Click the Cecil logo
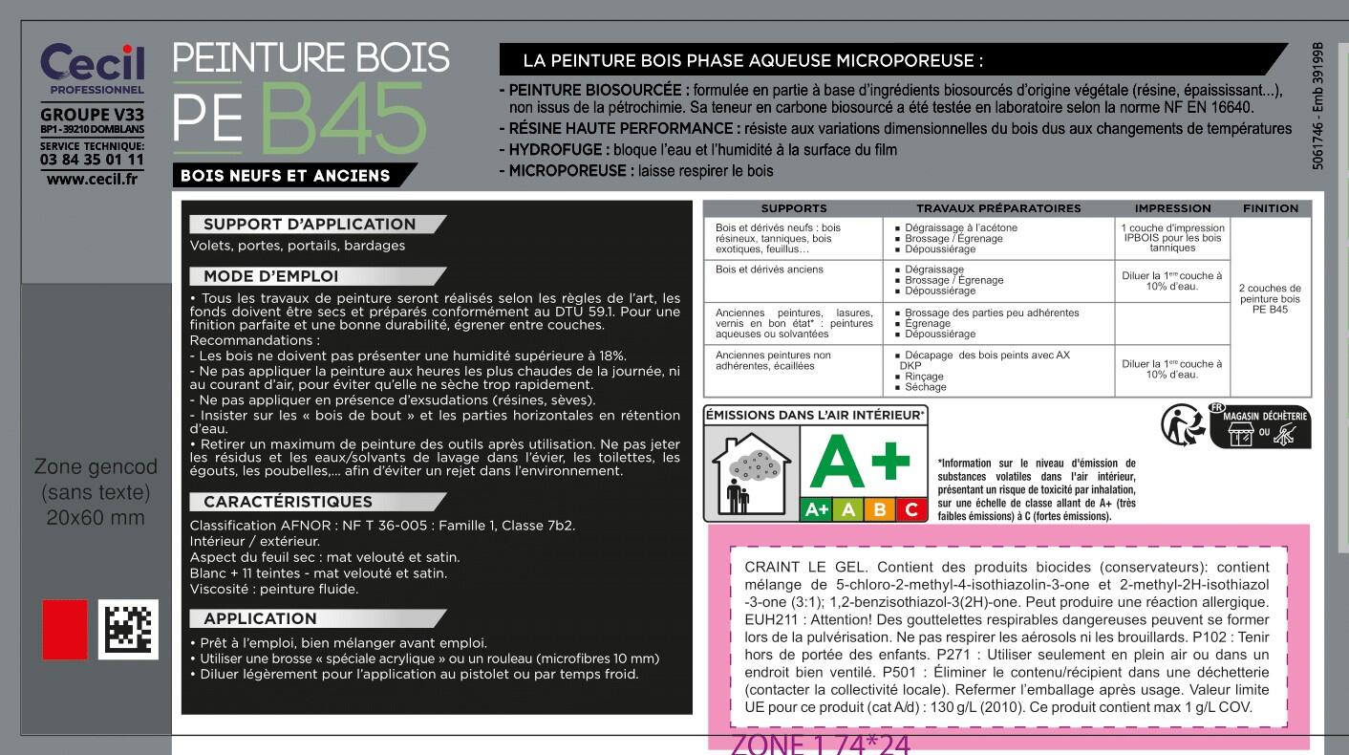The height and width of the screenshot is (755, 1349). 92,63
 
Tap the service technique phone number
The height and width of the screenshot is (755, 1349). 92,160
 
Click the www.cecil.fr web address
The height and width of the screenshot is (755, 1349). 92,179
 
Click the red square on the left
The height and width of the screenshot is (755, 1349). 64,629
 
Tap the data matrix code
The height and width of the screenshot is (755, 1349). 129,629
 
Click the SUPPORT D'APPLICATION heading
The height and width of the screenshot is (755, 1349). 310,225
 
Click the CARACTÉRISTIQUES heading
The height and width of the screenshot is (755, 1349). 288,502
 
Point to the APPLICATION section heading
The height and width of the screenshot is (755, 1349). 260,618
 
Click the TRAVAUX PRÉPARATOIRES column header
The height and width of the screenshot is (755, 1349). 998,208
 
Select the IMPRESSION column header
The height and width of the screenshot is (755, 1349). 1172,208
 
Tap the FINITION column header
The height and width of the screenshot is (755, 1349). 1271,208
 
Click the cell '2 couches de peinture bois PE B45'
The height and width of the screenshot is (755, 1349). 1270,298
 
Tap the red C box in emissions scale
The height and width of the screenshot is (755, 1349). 911,510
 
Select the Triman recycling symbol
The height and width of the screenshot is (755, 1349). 1181,425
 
